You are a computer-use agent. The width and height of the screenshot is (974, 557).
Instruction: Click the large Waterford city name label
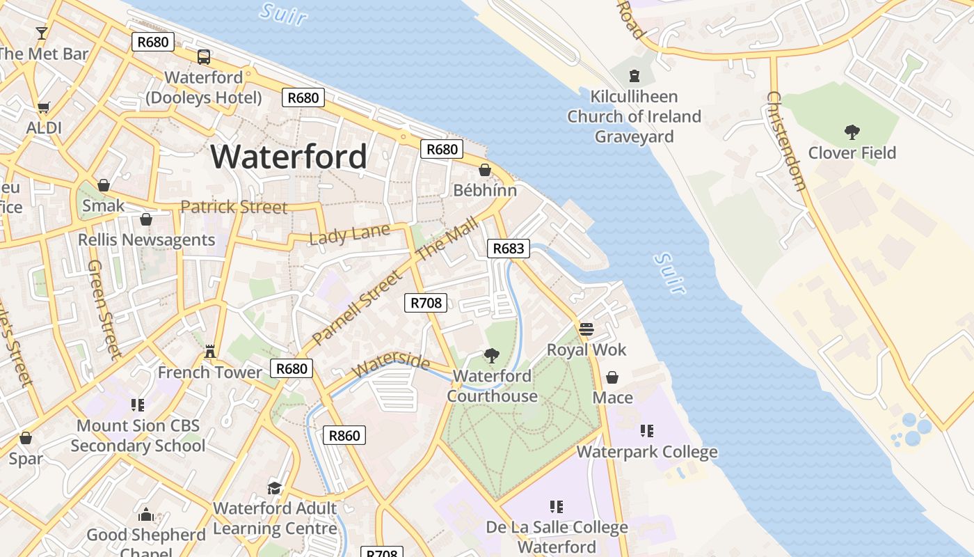point(289,156)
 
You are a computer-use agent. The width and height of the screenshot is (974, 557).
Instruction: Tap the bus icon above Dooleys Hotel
point(204,57)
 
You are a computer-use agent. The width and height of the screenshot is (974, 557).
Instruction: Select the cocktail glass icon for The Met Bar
point(42,33)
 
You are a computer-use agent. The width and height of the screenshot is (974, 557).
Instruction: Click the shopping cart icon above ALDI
point(43,108)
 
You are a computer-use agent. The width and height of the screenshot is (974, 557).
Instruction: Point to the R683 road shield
point(509,249)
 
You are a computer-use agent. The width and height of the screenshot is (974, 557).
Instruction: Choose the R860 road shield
point(344,436)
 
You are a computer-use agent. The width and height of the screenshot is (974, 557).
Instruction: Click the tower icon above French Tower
point(210,352)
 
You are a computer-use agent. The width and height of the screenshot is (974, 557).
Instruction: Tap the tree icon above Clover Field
point(852,132)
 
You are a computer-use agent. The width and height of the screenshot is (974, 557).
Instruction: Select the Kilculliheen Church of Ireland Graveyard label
point(634,116)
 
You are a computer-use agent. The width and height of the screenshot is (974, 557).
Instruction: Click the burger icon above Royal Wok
point(586,329)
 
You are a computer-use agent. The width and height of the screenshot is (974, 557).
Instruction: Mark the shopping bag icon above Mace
point(612,377)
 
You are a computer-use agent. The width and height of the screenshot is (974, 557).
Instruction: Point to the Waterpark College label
point(647,452)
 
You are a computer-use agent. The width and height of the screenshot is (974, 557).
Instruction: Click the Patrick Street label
point(234,207)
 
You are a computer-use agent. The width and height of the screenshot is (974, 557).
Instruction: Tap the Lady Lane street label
point(349,234)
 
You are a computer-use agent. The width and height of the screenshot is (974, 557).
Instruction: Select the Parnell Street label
point(358,308)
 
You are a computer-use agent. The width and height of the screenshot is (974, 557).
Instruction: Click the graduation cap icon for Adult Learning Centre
point(275,487)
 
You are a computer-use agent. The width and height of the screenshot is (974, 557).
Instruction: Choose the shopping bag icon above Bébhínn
point(485,170)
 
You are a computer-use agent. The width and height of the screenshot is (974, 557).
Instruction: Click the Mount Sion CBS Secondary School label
point(138,435)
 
